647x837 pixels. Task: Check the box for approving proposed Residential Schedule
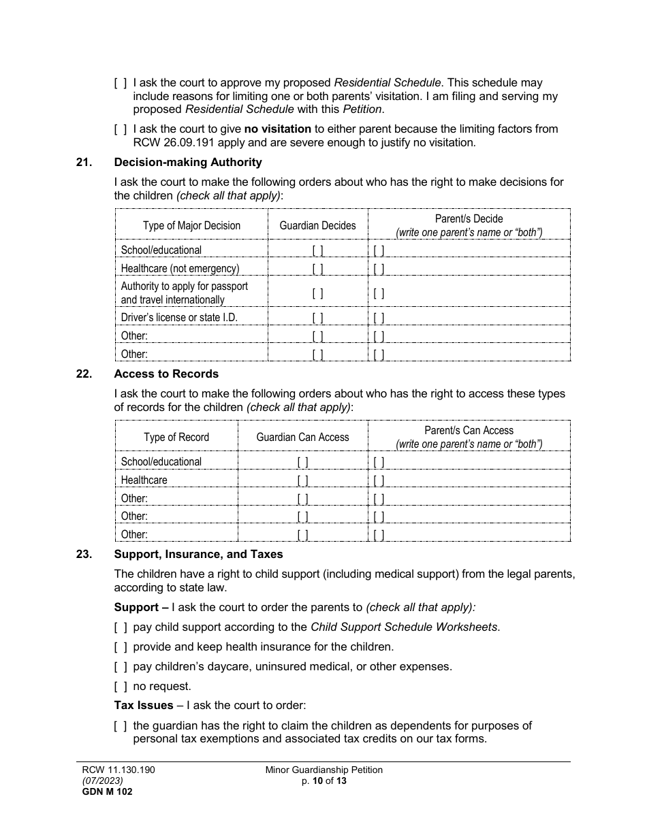click(x=120, y=83)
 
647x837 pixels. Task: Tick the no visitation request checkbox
click(x=120, y=129)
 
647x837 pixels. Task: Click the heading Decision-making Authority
click(x=188, y=162)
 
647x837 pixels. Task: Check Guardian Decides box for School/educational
click(x=317, y=250)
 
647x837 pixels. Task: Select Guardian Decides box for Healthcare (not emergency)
click(x=317, y=269)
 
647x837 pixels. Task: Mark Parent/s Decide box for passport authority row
click(x=379, y=294)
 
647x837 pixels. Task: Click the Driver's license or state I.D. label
click(x=179, y=318)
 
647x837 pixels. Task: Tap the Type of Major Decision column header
click(x=191, y=226)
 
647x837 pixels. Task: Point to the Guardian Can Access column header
click(x=302, y=438)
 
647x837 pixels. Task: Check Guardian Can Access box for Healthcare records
click(x=302, y=480)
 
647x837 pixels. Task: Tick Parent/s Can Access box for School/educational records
click(x=379, y=462)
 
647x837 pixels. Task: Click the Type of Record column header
click(x=176, y=438)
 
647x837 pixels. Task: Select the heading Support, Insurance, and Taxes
click(x=198, y=554)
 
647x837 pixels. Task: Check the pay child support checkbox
click(x=120, y=627)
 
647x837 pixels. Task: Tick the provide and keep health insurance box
click(x=120, y=647)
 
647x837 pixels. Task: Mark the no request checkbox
click(x=120, y=687)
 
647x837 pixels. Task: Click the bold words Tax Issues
click(x=143, y=706)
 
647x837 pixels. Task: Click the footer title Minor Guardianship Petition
click(x=323, y=770)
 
